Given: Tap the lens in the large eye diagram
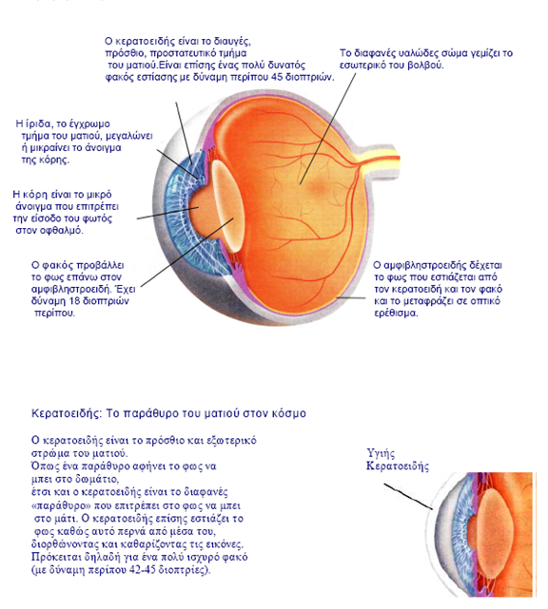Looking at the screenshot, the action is pyautogui.click(x=227, y=206).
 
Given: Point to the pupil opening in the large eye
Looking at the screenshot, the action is pyautogui.click(x=199, y=208).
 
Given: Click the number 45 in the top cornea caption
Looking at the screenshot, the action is pyautogui.click(x=277, y=77).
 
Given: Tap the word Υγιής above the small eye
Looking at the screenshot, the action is pyautogui.click(x=381, y=453).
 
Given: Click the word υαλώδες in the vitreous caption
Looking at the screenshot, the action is pyautogui.click(x=405, y=53).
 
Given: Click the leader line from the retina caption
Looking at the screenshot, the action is pyautogui.click(x=351, y=298).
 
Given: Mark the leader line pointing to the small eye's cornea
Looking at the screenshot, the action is pyautogui.click(x=408, y=496).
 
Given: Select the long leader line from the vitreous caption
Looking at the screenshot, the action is pyautogui.click(x=328, y=128).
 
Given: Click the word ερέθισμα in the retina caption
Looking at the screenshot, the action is pyautogui.click(x=397, y=313).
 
